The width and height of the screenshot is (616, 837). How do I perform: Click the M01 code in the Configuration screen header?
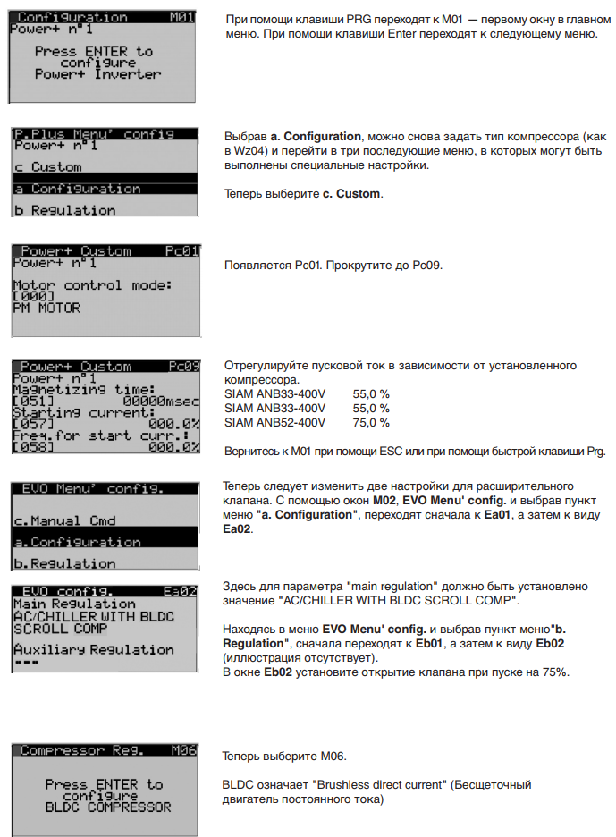click(x=181, y=17)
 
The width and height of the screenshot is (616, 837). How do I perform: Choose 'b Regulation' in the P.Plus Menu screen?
click(x=65, y=210)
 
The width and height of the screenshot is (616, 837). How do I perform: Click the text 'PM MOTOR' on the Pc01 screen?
click(x=46, y=308)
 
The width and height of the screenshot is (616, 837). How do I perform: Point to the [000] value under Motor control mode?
click(x=33, y=296)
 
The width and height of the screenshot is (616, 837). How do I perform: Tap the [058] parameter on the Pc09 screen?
click(x=33, y=445)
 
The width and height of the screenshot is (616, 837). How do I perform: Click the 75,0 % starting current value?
click(x=371, y=422)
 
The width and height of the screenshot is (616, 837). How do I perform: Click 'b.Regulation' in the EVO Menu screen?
click(x=63, y=563)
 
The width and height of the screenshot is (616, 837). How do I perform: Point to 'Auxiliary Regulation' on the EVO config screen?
click(x=93, y=649)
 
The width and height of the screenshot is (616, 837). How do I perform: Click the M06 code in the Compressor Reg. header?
click(x=182, y=750)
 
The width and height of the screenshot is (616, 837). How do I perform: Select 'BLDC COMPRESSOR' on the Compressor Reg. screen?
click(x=107, y=807)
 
